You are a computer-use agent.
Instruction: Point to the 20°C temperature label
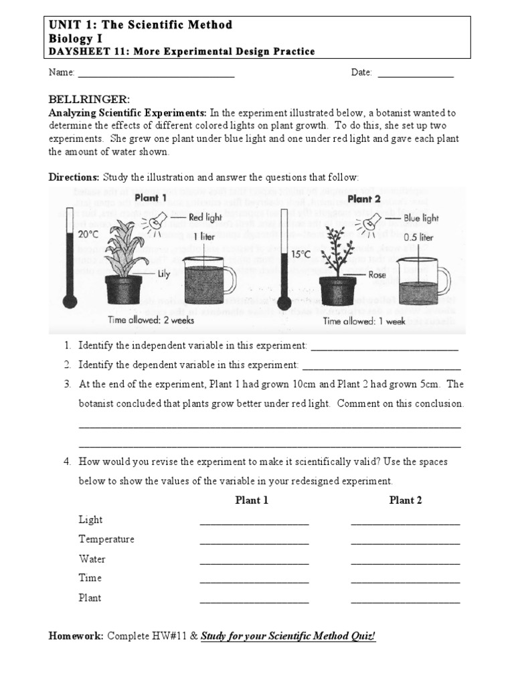pos(88,235)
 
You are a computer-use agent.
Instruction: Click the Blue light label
pos(421,218)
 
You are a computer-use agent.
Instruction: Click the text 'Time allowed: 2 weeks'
pos(151,320)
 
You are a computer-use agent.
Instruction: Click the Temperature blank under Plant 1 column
pos(254,543)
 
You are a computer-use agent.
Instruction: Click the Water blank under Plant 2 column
pos(405,562)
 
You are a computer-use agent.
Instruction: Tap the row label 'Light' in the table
pos(90,520)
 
